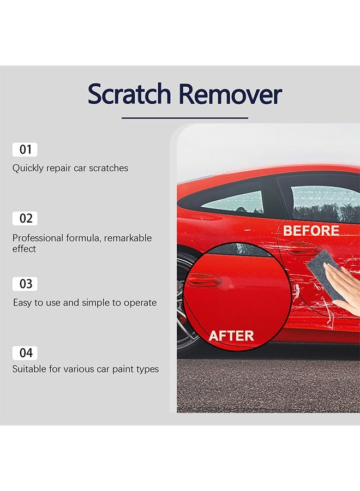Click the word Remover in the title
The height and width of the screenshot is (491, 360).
click(231, 94)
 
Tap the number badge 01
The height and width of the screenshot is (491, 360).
click(25, 149)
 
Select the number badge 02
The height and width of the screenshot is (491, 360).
click(26, 218)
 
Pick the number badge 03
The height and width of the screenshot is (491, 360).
click(26, 284)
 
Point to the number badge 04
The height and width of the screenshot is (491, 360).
click(26, 352)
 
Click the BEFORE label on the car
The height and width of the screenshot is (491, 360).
click(311, 231)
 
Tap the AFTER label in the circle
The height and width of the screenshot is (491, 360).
click(231, 336)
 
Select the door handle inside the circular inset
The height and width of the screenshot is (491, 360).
click(205, 280)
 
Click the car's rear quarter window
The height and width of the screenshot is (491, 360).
click(233, 202)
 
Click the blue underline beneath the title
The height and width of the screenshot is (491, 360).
click(184, 117)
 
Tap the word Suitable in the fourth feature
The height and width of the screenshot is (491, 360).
click(29, 369)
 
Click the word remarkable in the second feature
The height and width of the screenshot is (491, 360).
click(128, 238)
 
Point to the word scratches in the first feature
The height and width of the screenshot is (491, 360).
click(108, 169)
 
